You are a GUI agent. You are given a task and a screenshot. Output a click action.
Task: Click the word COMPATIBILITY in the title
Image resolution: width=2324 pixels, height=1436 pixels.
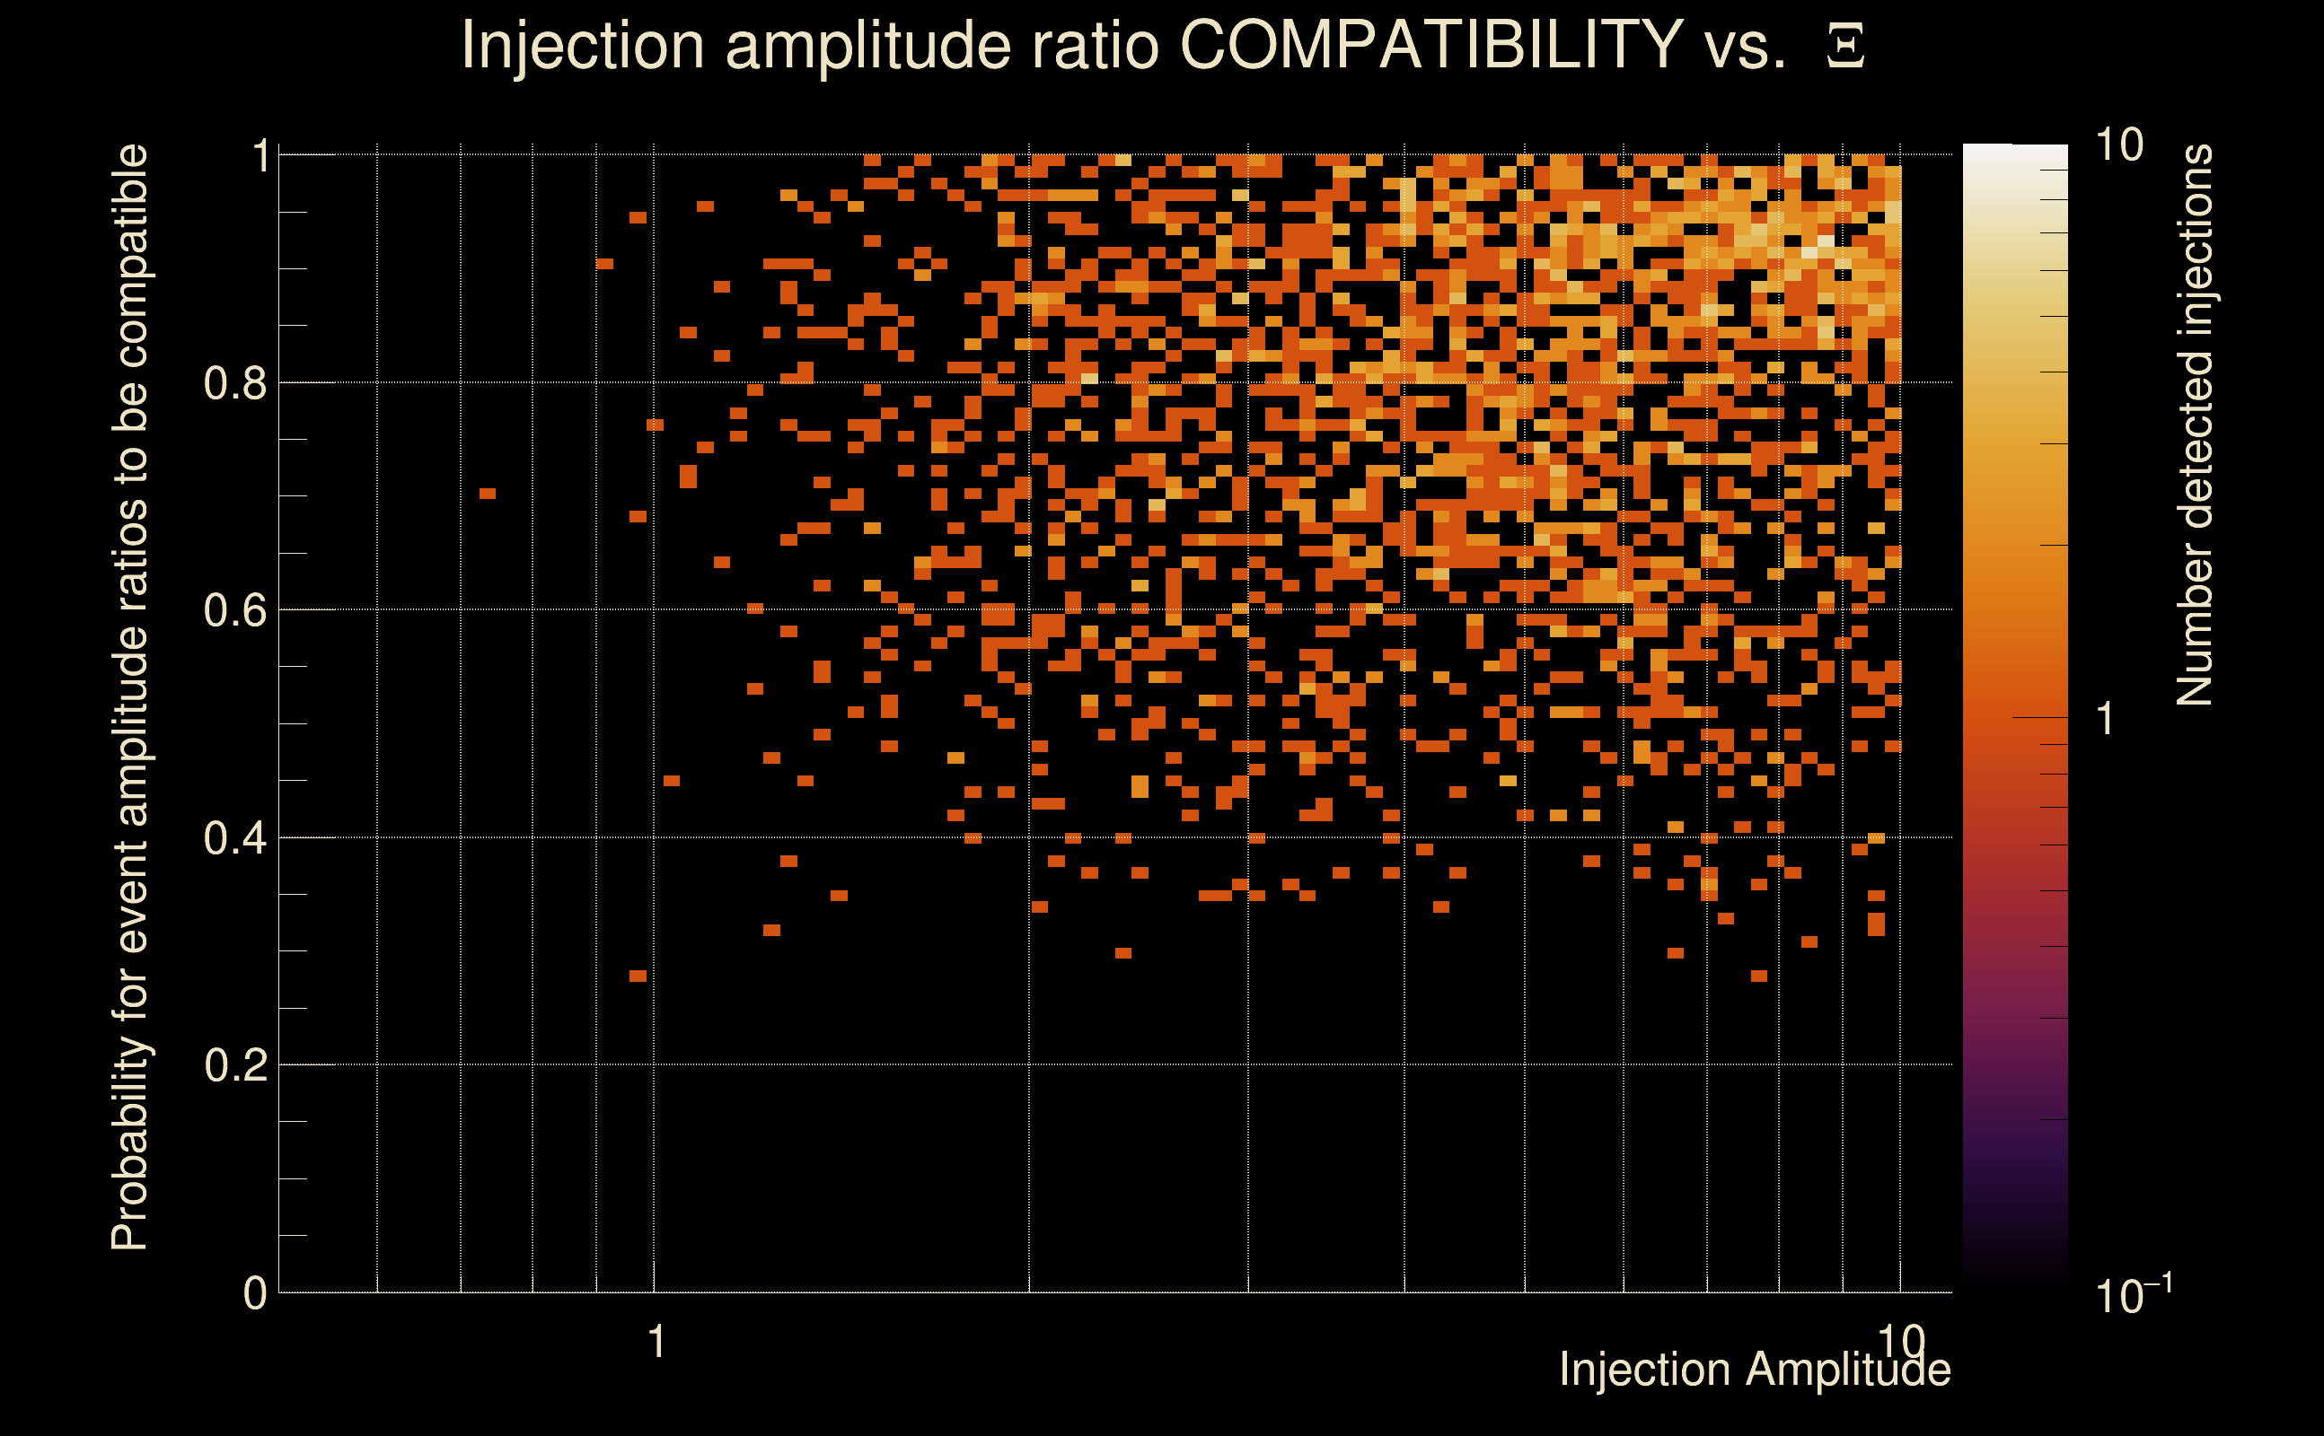point(1430,45)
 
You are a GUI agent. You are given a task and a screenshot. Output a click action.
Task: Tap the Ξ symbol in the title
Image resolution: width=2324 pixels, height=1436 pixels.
point(1845,47)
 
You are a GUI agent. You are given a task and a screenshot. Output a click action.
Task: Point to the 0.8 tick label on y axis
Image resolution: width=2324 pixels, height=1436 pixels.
point(235,384)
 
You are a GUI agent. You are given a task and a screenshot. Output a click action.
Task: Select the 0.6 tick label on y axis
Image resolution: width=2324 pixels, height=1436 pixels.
point(235,610)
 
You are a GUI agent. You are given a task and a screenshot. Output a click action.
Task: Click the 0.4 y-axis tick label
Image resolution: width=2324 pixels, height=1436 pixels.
point(235,838)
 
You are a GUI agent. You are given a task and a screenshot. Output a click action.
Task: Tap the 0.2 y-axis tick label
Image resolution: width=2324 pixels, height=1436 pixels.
point(235,1065)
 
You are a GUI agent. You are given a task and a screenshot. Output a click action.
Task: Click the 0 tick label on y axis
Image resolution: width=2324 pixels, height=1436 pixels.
point(255,1293)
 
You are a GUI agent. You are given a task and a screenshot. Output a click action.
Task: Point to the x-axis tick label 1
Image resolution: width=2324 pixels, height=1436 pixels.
point(656,1343)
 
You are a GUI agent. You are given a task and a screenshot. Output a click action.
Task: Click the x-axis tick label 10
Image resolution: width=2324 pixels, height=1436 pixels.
point(1900,1341)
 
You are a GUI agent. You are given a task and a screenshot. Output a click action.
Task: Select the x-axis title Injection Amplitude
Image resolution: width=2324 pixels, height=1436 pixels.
point(1755,1370)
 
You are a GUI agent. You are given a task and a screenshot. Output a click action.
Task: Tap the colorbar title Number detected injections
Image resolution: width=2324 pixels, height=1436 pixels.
point(2195,425)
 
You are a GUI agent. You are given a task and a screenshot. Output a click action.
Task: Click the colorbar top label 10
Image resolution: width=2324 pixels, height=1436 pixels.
point(2118,146)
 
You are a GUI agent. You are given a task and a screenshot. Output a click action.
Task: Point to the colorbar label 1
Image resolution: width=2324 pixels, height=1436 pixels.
point(2106,719)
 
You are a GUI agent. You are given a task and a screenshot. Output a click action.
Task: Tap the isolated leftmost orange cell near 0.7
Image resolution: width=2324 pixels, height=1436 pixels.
point(488,494)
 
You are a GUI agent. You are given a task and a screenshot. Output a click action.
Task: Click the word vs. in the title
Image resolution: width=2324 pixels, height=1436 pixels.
point(1747,45)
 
